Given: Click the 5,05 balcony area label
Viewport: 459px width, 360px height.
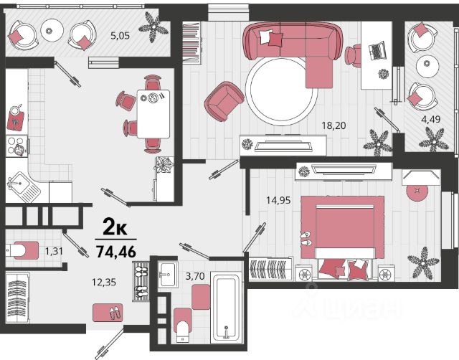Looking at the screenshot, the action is [120, 36].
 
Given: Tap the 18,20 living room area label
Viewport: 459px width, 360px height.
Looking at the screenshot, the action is [333, 125].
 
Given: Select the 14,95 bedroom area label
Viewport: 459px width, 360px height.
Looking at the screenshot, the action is [278, 200].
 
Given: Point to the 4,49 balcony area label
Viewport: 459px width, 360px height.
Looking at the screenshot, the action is [431, 120].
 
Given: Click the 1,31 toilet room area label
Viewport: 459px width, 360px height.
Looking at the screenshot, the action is [54, 251].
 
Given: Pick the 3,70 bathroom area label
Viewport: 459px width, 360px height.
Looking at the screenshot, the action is [195, 275].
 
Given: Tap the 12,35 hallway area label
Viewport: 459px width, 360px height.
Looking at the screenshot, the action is [104, 282].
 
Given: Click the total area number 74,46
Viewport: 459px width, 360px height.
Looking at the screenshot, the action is [116, 252].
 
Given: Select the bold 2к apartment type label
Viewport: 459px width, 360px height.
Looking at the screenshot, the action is [115, 228].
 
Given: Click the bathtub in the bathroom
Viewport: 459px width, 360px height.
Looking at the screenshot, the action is [227, 308].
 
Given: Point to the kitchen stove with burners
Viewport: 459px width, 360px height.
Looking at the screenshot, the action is [16, 146].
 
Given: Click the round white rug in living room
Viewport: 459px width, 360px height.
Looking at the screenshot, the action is [282, 91].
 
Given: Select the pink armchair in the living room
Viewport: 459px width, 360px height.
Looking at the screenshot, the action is [224, 101].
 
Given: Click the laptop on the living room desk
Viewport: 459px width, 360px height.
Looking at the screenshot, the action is [377, 50].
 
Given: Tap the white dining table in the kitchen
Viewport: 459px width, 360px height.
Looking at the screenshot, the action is [153, 114].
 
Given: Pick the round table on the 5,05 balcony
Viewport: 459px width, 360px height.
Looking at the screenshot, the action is [52, 30].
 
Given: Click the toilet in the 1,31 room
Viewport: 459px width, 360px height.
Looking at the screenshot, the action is [23, 250].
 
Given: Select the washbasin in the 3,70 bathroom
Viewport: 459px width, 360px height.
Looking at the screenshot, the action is [168, 274].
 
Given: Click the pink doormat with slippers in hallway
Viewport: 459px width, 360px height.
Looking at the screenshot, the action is [108, 313].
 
